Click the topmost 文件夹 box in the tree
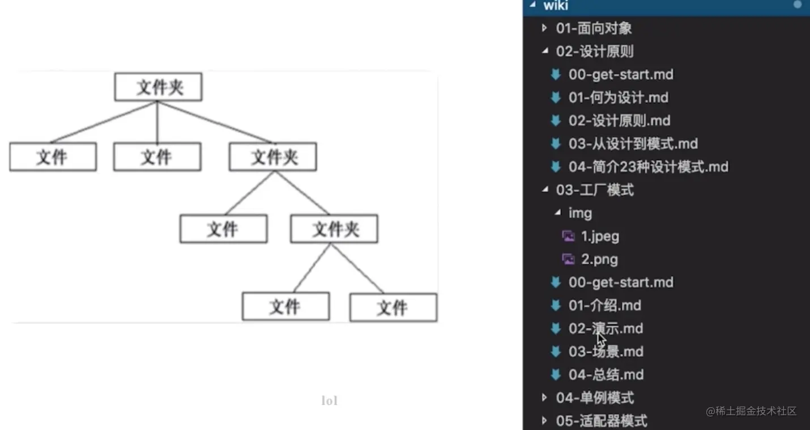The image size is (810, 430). (x=158, y=87)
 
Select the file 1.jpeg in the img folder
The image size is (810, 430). (x=600, y=236)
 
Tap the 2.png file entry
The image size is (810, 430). (x=599, y=259)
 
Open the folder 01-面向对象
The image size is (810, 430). (x=594, y=28)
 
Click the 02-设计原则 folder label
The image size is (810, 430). (x=595, y=52)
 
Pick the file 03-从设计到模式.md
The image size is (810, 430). (x=633, y=144)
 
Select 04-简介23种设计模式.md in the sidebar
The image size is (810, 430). (x=648, y=167)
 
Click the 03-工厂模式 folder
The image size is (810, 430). (x=595, y=190)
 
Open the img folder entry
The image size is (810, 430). (x=580, y=213)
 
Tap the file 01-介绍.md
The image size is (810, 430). (x=604, y=306)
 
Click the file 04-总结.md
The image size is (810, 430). (x=606, y=375)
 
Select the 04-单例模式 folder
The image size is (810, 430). (x=595, y=398)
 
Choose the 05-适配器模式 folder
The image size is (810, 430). (x=602, y=421)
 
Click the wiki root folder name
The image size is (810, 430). (x=556, y=6)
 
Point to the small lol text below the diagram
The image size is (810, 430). (x=329, y=401)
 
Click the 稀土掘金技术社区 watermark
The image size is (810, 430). (x=751, y=411)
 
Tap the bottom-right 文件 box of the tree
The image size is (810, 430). (x=393, y=307)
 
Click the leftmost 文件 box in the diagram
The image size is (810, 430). (x=53, y=157)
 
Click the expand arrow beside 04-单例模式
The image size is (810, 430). (x=545, y=398)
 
